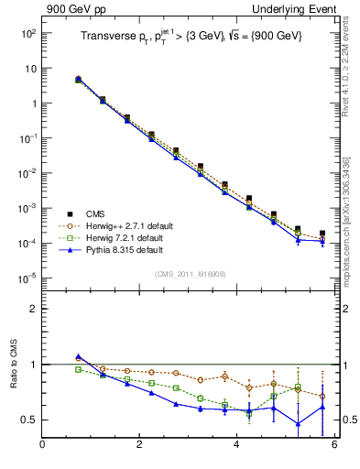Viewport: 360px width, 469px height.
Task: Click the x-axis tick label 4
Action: coord(236,446)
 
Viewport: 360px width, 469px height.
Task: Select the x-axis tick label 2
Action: coord(139,446)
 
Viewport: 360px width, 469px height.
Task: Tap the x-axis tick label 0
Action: coord(42,446)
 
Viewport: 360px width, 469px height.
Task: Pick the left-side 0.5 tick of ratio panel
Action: coord(28,420)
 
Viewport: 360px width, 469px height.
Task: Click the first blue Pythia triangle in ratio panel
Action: coord(79,356)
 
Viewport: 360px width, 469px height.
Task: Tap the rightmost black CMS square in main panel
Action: coord(322,234)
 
